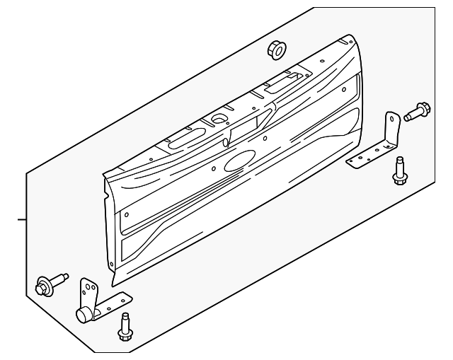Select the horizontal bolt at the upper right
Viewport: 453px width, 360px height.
point(415,110)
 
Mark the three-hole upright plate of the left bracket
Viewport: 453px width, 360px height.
point(89,292)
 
